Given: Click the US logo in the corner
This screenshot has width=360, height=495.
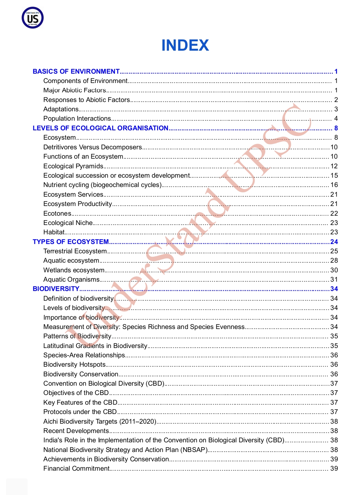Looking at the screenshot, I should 33,18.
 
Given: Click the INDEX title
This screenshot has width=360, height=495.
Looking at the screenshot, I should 185,45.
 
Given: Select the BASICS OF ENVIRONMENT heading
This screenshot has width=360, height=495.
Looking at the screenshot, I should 76,71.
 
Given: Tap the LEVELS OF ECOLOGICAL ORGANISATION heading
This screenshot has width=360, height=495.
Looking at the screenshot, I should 100,128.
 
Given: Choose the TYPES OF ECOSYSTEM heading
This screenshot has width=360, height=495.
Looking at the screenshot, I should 71,242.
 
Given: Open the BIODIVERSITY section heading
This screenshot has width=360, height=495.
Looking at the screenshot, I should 56,289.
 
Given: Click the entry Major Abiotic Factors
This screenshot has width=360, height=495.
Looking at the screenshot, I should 75,90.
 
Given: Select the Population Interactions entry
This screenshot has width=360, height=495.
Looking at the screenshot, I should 77,118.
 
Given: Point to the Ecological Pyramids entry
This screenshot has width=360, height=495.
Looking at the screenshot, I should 73,166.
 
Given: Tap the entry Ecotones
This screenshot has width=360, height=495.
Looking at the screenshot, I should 57,213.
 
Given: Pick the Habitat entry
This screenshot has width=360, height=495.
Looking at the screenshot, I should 54,232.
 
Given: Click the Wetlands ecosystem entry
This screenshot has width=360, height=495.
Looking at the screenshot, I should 74,270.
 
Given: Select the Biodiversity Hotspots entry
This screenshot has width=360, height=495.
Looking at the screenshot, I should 74,364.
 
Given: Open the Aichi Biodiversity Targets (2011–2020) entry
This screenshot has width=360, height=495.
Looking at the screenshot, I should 100,421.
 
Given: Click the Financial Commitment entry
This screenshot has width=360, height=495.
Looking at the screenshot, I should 76,468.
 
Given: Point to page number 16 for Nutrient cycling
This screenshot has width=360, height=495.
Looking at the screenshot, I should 334,185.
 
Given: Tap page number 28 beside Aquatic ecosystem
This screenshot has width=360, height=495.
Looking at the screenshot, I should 334,260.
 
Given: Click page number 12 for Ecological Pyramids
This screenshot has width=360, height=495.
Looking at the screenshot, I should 334,166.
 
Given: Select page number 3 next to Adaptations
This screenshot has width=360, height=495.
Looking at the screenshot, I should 336,109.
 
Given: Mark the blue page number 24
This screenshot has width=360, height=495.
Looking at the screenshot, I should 334,242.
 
